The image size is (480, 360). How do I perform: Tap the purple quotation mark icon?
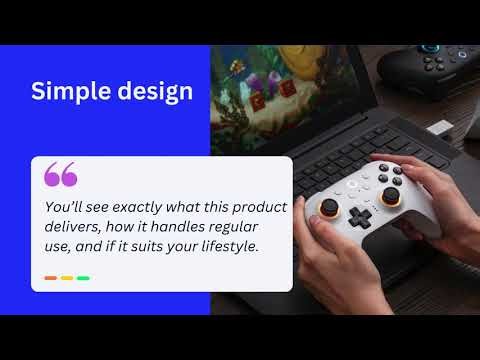(x=60, y=176)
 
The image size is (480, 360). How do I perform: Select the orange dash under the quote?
(x=50, y=278)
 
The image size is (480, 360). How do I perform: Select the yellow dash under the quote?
(x=67, y=278)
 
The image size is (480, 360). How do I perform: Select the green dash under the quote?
(x=83, y=278)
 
